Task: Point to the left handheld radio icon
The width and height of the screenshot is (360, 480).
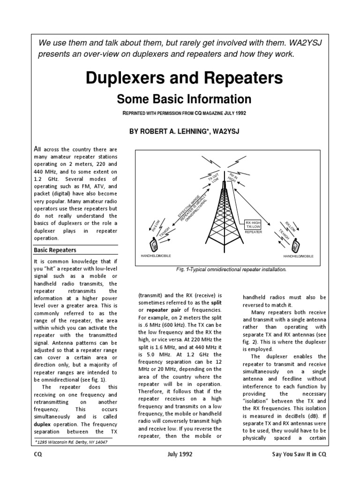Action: (153, 244)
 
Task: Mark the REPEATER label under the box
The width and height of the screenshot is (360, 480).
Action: (254, 232)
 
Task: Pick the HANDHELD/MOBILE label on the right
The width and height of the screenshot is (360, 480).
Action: (298, 257)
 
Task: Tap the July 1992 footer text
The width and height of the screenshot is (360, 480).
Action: (180, 455)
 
